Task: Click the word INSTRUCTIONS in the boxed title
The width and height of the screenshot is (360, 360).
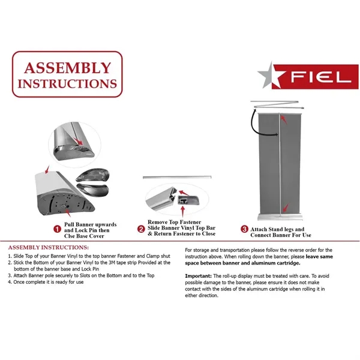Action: pyautogui.click(x=67, y=83)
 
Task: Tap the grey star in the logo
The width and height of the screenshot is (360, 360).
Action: pyautogui.click(x=272, y=76)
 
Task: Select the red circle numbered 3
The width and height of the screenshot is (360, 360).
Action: pyautogui.click(x=244, y=229)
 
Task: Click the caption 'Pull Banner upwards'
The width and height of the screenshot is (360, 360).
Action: pyautogui.click(x=91, y=224)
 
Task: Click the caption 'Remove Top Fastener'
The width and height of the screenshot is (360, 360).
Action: pyautogui.click(x=175, y=222)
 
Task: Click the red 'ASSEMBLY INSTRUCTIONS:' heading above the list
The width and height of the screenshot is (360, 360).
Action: pyautogui.click(x=48, y=247)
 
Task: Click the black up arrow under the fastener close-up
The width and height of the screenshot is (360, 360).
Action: pyautogui.click(x=179, y=209)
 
